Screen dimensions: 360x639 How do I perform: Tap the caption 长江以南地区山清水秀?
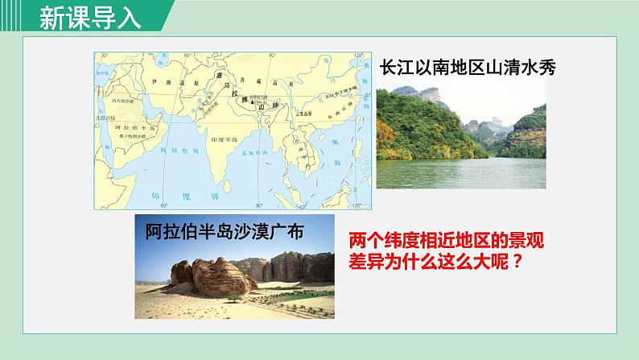468,69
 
